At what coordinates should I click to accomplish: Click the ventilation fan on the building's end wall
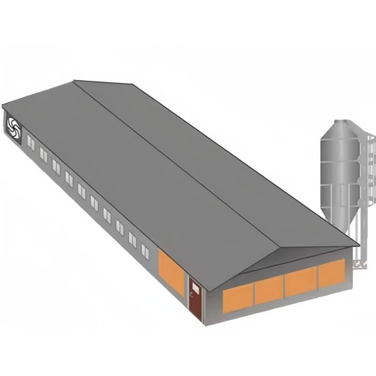click(x=13, y=128)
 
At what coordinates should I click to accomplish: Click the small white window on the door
click(x=196, y=288)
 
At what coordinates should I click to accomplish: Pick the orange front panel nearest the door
click(x=238, y=298)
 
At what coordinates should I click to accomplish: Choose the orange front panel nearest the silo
click(x=332, y=273)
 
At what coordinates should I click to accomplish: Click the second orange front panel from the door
click(x=269, y=290)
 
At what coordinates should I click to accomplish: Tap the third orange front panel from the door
click(x=301, y=281)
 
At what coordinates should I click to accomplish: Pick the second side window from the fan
click(x=43, y=155)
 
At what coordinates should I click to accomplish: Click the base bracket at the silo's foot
click(x=359, y=264)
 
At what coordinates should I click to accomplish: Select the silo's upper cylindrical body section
click(x=339, y=150)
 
